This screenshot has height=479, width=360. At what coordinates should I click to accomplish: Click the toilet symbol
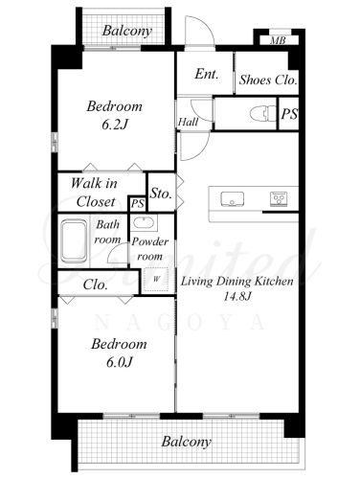pyautogui.click(x=263, y=114)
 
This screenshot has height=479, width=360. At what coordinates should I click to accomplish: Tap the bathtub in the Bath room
pyautogui.click(x=74, y=240)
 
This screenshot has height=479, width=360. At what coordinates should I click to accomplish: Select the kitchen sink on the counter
pyautogui.click(x=233, y=198)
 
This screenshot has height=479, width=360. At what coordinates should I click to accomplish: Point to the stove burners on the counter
pyautogui.click(x=279, y=198)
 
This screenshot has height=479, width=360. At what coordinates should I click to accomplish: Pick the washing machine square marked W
pyautogui.click(x=156, y=279)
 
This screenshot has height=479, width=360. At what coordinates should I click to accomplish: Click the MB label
pyautogui.click(x=278, y=41)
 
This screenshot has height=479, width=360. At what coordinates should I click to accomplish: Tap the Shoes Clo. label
pyautogui.click(x=268, y=80)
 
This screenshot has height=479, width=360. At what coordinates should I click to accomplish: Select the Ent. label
pyautogui.click(x=207, y=74)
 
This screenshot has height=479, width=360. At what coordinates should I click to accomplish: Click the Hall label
pyautogui.click(x=188, y=122)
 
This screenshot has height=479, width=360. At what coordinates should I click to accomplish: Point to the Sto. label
pyautogui.click(x=161, y=194)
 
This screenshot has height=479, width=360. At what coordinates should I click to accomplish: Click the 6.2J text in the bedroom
pyautogui.click(x=115, y=125)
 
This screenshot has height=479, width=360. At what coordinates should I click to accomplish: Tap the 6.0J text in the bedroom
pyautogui.click(x=119, y=362)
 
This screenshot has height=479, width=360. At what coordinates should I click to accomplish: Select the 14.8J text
pyautogui.click(x=237, y=296)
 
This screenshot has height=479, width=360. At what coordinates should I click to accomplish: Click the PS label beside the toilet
pyautogui.click(x=289, y=114)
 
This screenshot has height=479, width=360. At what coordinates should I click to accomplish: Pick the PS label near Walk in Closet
pyautogui.click(x=138, y=204)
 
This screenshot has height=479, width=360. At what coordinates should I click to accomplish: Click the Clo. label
pyautogui.click(x=95, y=285)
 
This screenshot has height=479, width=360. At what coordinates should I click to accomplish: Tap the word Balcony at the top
pyautogui.click(x=127, y=31)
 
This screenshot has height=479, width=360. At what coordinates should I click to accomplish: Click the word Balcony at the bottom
pyautogui.click(x=186, y=442)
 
